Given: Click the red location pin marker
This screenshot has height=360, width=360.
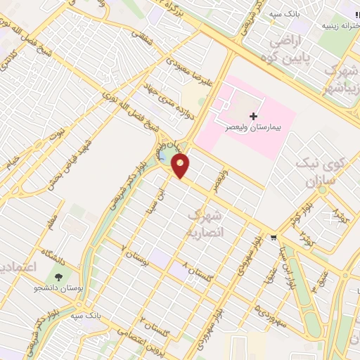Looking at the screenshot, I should pos(181,166).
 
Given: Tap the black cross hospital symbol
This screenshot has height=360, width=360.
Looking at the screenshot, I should pos(253,116).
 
